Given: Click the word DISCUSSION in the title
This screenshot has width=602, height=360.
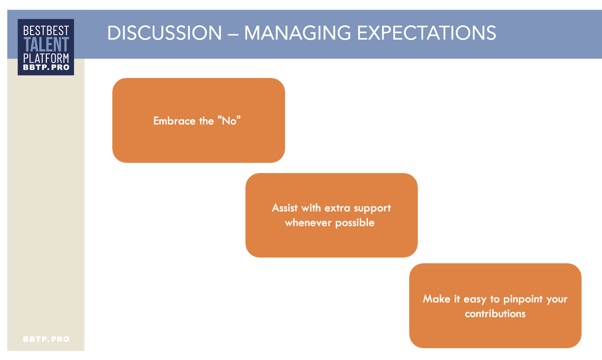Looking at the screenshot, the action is [165, 33].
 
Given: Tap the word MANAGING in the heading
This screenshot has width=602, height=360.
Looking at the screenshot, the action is [297, 33].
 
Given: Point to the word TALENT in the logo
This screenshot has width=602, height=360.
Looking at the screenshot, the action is [46, 44].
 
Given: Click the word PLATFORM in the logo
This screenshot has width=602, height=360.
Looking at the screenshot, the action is [46, 58].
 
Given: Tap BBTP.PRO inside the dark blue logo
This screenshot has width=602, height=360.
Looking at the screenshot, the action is [46, 67].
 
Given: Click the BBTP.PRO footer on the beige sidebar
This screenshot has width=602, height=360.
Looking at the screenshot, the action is [46, 339].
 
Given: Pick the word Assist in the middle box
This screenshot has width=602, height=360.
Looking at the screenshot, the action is [285, 208].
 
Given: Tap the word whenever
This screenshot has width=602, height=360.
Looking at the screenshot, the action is [308, 222].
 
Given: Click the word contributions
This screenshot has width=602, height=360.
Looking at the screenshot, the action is [495, 313].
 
